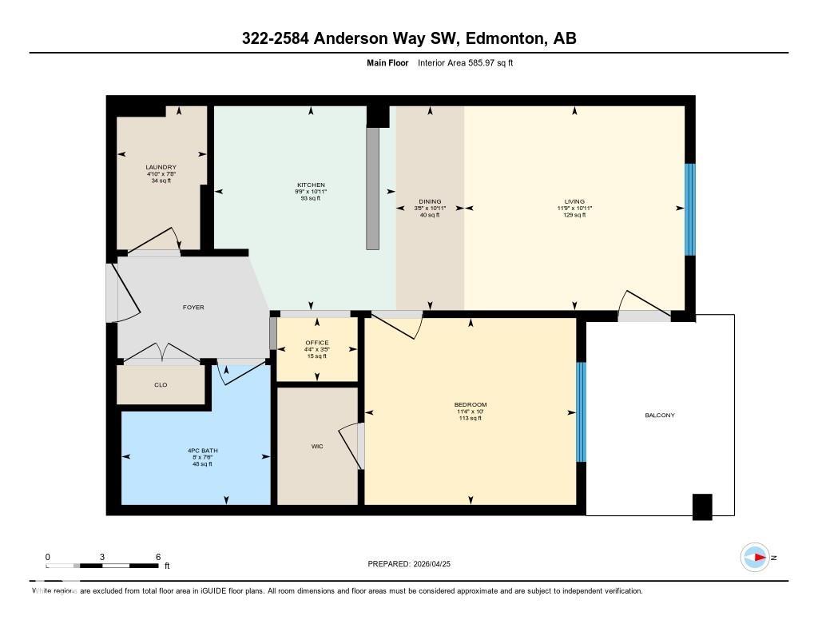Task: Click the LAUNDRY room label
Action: [161, 167]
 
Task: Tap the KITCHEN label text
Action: [307, 185]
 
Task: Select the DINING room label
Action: [430, 202]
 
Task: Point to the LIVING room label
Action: [574, 201]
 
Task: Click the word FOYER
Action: [193, 308]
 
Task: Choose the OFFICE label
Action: [317, 344]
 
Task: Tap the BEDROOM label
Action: [470, 404]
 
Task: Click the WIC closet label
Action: [317, 446]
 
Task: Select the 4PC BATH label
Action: [197, 451]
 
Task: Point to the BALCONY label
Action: [660, 415]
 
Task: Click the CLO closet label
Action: [161, 384]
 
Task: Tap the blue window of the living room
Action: [690, 209]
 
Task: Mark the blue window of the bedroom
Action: [581, 412]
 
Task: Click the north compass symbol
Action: [755, 558]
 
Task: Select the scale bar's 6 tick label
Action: [158, 557]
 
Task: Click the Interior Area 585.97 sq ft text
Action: [465, 62]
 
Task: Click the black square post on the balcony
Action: [701, 507]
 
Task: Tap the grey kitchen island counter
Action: [372, 188]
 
